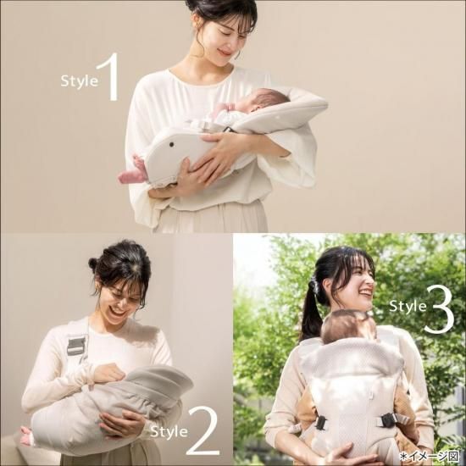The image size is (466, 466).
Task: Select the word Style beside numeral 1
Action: tap(79, 80)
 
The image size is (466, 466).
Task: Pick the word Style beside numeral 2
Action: tap(169, 430)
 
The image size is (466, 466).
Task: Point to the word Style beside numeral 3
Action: tap(408, 305)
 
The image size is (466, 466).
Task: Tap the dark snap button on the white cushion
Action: tap(171, 144)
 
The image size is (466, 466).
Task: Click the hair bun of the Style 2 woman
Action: tap(94, 263)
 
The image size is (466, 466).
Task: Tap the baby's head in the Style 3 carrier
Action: tap(348, 326)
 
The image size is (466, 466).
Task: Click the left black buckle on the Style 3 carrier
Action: tap(320, 423)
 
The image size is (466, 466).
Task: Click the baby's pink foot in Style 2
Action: tap(26, 436)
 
